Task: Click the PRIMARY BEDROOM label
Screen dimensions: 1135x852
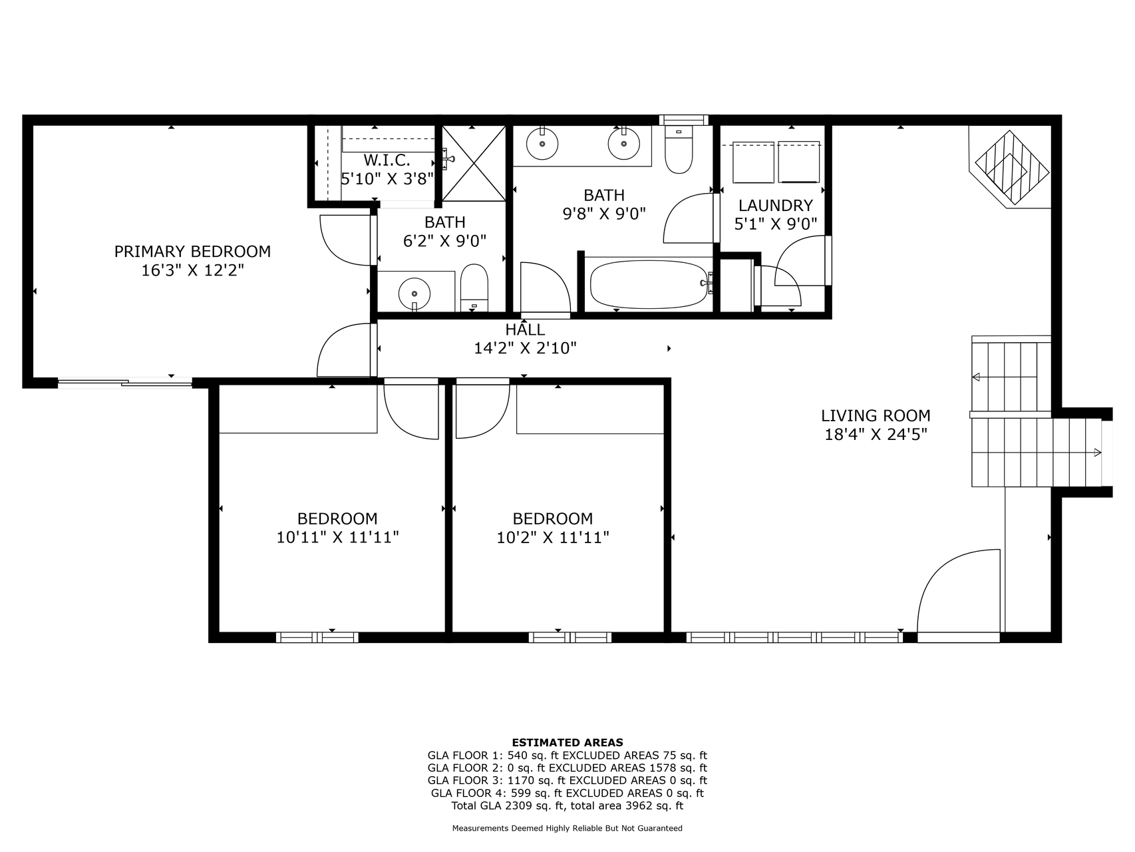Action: pos(192,252)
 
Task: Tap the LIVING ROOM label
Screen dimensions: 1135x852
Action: pos(876,416)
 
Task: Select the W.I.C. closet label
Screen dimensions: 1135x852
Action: pos(387,160)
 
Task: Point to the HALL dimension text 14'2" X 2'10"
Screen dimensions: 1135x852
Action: pos(525,348)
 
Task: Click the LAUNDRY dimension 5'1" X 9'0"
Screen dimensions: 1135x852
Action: pos(776,224)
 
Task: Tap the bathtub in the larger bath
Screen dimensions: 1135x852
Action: pos(649,284)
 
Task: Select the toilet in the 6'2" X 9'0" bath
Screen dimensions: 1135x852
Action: pos(474,288)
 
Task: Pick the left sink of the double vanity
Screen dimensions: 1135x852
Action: pos(542,143)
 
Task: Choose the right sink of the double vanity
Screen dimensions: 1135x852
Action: pos(623,143)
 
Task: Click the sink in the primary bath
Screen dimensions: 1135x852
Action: pos(414,293)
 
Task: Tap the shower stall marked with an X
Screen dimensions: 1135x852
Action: pos(474,163)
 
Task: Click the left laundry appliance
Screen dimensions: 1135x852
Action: pos(754,162)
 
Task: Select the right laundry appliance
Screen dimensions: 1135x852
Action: pos(798,162)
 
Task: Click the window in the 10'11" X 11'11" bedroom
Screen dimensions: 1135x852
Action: pos(317,638)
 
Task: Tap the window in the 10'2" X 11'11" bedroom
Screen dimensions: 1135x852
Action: pos(570,638)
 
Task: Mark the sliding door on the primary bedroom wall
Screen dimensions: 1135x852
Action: pos(125,383)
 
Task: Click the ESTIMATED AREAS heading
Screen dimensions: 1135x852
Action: pos(567,742)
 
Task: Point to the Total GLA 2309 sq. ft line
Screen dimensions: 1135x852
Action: pos(567,805)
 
